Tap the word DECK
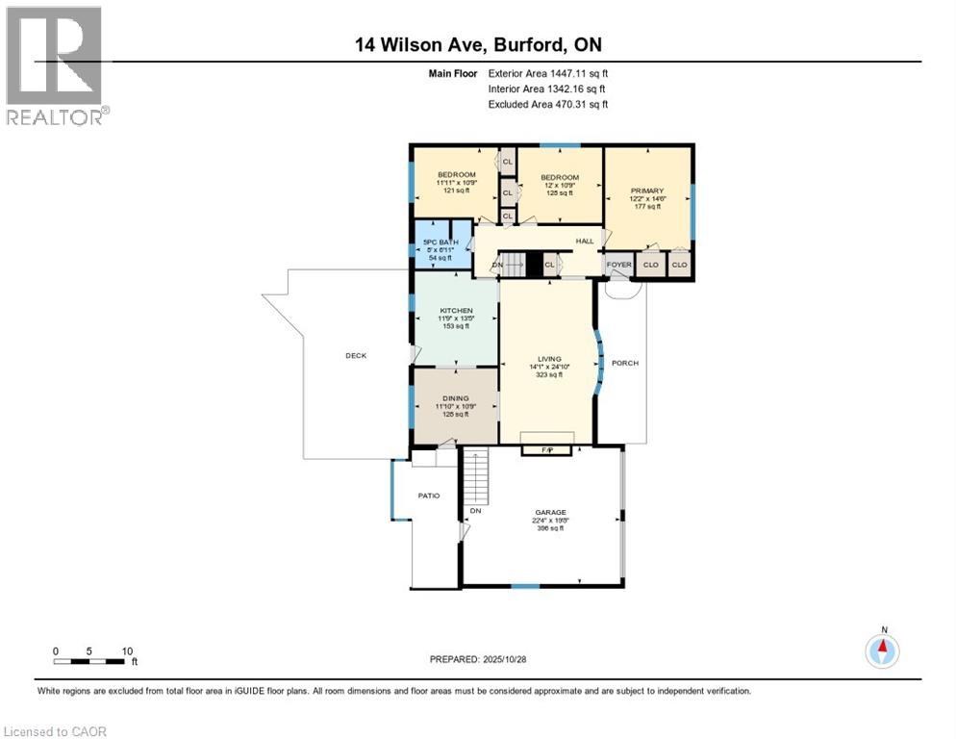click(x=356, y=355)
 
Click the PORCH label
click(x=625, y=363)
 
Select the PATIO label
click(x=428, y=496)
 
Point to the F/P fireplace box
click(x=547, y=449)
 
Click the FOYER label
click(x=618, y=264)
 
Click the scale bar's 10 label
click(x=127, y=650)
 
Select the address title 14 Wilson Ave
click(x=478, y=45)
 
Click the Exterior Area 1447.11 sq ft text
click(x=548, y=73)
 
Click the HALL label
click(x=585, y=242)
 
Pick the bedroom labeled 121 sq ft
click(x=456, y=183)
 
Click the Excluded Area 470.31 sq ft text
click(x=548, y=104)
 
